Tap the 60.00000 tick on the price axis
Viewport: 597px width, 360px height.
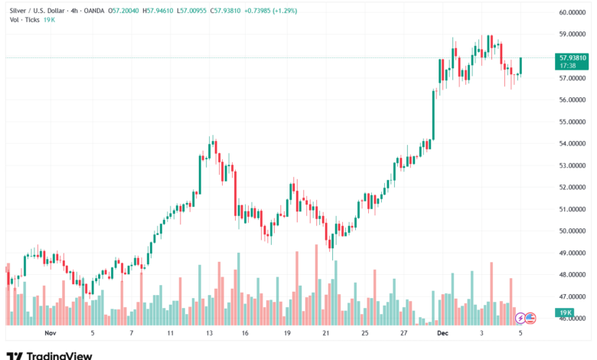tap(573, 12)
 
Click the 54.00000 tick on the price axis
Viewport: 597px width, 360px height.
tap(573, 144)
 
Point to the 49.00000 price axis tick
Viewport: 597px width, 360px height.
tap(573, 253)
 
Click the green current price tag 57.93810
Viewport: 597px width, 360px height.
tap(573, 57)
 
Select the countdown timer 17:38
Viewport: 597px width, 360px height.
tap(567, 66)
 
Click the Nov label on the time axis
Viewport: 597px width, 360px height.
tap(51, 334)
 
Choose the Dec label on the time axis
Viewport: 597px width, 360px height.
tap(442, 334)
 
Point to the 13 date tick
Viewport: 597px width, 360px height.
tap(209, 334)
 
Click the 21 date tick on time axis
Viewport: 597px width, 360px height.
tap(326, 334)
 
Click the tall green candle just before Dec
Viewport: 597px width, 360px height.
tap(434, 115)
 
